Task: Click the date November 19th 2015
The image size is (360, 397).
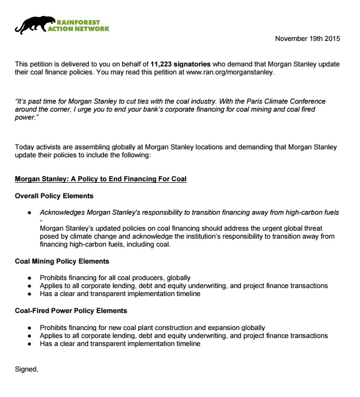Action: tap(307, 39)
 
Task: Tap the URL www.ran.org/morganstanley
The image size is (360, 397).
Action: tap(230, 72)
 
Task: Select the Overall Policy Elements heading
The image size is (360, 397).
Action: tap(54, 196)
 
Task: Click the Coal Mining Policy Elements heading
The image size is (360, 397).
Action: tap(62, 261)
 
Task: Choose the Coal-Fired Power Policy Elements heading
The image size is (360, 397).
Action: tap(71, 310)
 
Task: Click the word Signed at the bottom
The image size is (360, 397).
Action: tap(27, 368)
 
